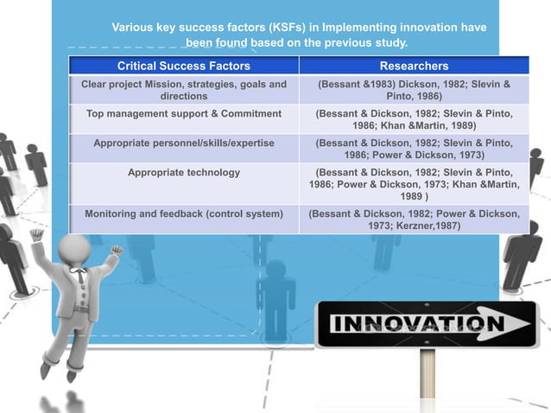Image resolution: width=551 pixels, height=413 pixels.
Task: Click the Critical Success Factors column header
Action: coord(184,66)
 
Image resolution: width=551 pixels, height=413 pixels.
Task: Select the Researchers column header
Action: coord(414,66)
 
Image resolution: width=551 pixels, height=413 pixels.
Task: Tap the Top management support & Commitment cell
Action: coord(184,113)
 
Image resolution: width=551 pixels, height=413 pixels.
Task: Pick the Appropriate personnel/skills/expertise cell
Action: coord(184,142)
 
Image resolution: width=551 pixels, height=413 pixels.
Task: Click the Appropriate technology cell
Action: coord(184,173)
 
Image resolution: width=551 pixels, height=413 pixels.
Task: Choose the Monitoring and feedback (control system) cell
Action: coord(184,213)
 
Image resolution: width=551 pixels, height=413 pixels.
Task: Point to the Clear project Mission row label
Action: coord(184,90)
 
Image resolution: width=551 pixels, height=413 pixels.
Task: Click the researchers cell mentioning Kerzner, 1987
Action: coord(414,219)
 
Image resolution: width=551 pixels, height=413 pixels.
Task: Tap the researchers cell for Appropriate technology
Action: coord(414,185)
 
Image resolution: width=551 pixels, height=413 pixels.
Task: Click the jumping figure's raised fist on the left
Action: coord(35,233)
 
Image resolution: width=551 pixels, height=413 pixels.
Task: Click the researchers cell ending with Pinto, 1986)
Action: coord(414,90)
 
